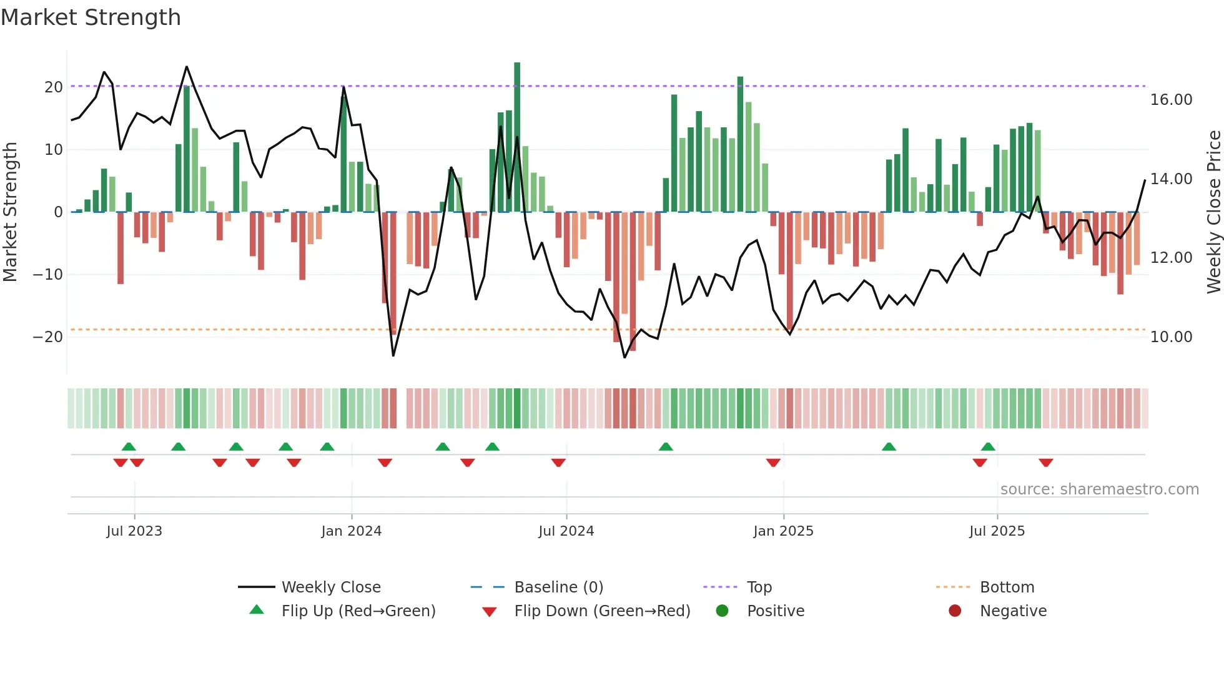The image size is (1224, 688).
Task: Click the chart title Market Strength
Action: tap(91, 17)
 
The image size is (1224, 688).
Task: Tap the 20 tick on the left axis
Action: tap(54, 87)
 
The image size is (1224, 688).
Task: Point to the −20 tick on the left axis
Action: tap(48, 337)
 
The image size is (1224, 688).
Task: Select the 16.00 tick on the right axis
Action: tap(1171, 99)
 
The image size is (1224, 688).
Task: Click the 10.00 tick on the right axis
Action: tap(1171, 337)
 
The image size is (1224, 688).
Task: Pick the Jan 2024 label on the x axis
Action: tap(351, 531)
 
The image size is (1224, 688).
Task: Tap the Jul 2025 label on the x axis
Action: tap(997, 531)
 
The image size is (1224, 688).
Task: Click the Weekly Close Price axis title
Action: tap(1213, 212)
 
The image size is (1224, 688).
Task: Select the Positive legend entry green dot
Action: tap(723, 611)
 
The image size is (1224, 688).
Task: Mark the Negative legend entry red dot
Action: tap(955, 611)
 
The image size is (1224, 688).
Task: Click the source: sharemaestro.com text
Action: tap(1099, 489)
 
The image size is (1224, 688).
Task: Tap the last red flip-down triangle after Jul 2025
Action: tap(1046, 463)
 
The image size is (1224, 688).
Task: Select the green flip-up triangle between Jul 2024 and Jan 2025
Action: tap(666, 446)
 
